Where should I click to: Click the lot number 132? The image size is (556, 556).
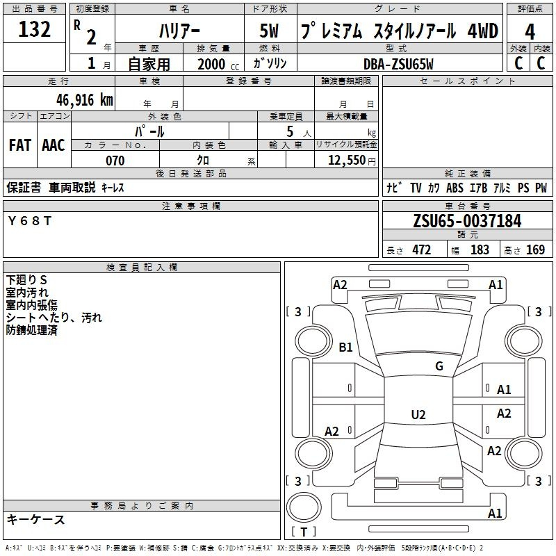[34, 28]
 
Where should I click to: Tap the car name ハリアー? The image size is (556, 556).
[179, 31]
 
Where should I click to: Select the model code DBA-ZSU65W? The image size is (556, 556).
[398, 64]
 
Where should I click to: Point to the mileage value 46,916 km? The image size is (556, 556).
[84, 99]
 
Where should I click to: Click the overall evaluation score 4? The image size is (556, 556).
[530, 32]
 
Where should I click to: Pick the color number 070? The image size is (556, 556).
[115, 161]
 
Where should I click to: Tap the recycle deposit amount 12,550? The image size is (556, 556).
[346, 160]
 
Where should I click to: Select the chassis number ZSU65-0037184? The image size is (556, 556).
[467, 221]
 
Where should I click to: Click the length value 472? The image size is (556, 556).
[422, 250]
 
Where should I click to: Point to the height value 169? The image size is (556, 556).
[535, 250]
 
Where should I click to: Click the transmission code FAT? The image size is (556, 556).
[20, 145]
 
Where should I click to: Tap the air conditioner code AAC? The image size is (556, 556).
[54, 145]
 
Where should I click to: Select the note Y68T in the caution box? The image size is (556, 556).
[30, 221]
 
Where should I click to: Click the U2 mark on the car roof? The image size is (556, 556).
[418, 414]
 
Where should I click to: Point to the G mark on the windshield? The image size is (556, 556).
[439, 366]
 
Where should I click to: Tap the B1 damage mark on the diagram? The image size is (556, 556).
[345, 347]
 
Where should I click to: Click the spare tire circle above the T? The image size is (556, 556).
[304, 507]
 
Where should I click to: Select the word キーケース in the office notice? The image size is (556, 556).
[36, 519]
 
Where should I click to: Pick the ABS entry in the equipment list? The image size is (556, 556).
[455, 188]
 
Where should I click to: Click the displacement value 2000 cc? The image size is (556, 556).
[218, 64]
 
